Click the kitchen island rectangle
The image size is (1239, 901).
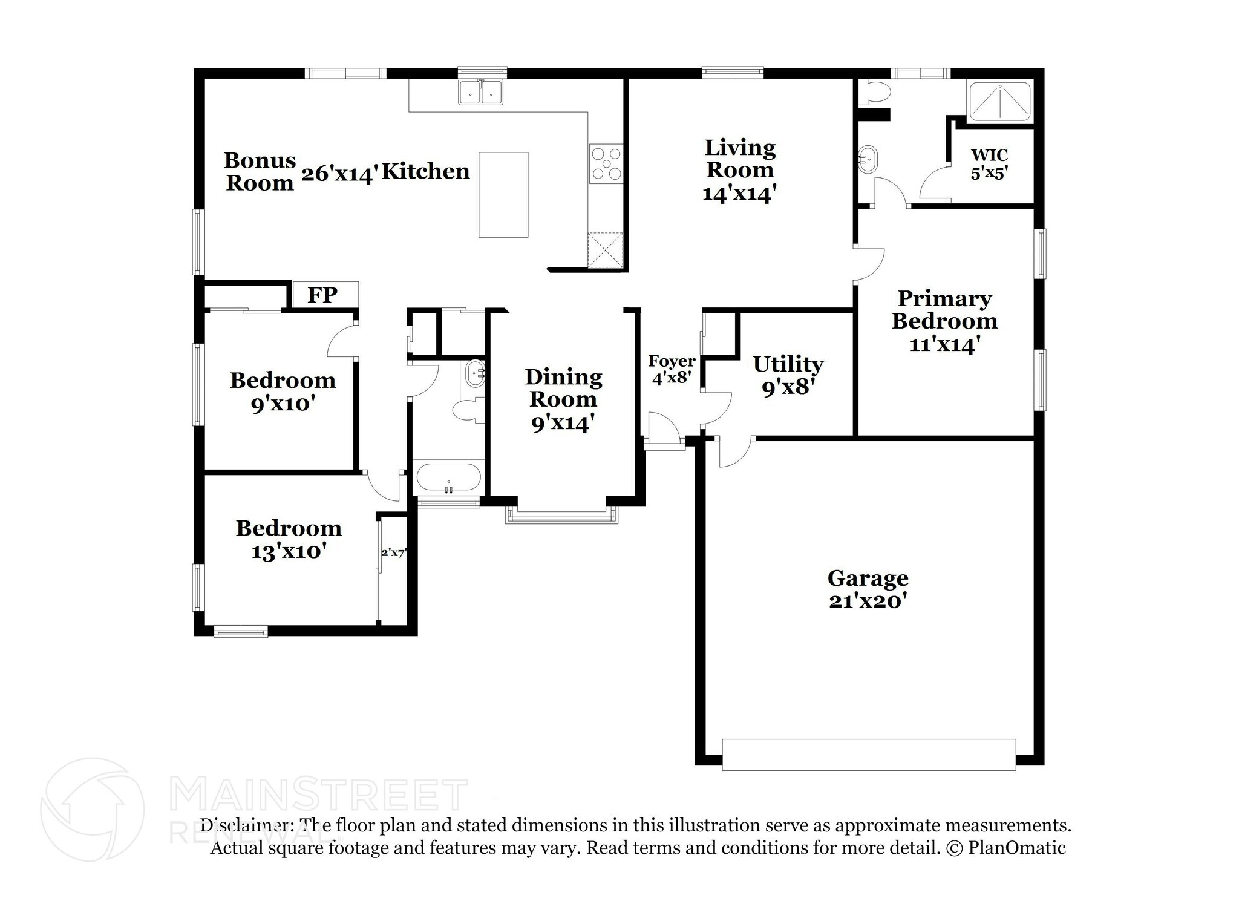[503, 194]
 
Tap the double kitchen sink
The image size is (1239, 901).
[481, 93]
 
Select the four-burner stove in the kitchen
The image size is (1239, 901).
[606, 163]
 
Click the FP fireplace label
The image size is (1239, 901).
[322, 295]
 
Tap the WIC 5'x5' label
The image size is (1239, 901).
[989, 165]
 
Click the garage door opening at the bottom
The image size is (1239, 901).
[868, 754]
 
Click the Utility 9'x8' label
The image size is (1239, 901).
[788, 375]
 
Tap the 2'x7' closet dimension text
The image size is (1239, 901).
[394, 552]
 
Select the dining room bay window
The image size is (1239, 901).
[562, 515]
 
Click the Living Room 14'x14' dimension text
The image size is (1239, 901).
[739, 194]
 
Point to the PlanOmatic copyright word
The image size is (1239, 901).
[1016, 848]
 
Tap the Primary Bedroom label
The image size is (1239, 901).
[944, 309]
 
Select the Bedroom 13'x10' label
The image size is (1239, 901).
[289, 539]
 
